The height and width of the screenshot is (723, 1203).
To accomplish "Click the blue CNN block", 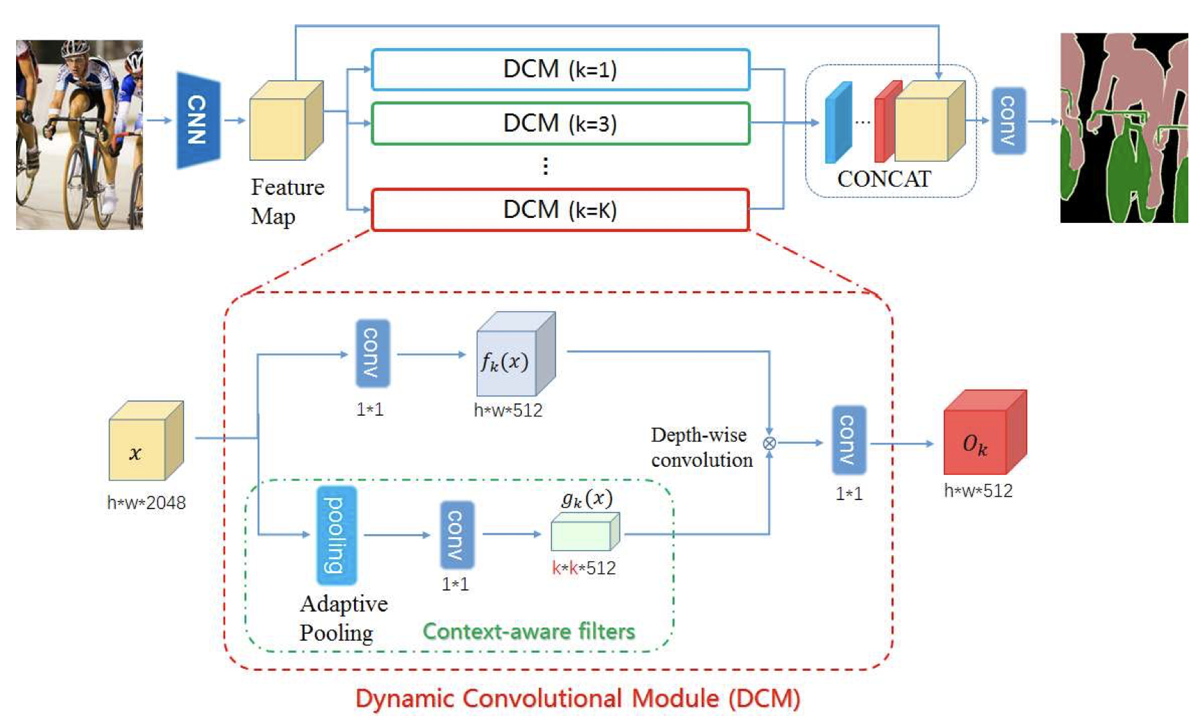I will (198, 120).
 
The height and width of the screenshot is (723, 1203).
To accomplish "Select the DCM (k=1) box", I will (560, 70).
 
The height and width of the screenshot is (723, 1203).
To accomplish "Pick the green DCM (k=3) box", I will (560, 123).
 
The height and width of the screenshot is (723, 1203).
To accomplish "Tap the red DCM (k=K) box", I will (560, 209).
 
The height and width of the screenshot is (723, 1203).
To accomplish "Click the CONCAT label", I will (884, 179).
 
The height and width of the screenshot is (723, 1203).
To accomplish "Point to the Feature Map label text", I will (286, 201).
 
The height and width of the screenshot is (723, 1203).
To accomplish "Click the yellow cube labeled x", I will (145, 441).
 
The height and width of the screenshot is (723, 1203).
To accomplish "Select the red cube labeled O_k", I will (983, 433).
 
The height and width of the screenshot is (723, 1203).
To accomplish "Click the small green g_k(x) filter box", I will (585, 533).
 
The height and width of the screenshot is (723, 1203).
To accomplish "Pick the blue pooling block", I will (337, 535).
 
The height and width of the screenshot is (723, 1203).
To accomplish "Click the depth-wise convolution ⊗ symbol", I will (769, 443).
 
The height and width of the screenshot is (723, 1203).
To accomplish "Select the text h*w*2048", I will (146, 503).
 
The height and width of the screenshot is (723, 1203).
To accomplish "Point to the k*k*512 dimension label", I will (583, 568).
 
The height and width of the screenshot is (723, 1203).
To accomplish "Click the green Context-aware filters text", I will (528, 631).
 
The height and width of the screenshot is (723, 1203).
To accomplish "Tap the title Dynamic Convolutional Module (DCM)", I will (577, 699).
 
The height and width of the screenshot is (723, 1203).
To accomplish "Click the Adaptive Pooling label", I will (343, 618).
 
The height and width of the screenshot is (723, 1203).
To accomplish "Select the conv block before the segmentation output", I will (1008, 120).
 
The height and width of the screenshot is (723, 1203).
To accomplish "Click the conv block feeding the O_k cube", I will (848, 440).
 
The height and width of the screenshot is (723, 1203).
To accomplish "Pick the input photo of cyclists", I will (79, 134).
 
